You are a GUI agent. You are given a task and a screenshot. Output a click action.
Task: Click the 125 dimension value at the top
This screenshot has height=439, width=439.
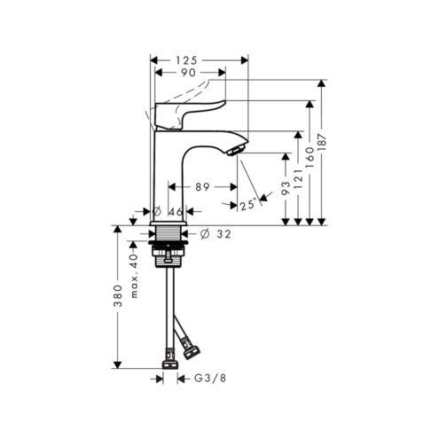(186, 60)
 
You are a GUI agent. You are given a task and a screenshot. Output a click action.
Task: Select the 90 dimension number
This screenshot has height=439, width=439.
(188, 73)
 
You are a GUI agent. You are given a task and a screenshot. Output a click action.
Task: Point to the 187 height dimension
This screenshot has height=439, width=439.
(323, 142)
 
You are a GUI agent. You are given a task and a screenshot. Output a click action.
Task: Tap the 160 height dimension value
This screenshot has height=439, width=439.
(310, 158)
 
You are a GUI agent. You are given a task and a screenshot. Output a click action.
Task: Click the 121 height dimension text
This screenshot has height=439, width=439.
(298, 179)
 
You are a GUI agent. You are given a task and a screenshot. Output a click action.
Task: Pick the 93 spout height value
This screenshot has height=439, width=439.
(286, 188)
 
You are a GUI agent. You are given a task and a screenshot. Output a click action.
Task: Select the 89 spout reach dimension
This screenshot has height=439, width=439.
(202, 187)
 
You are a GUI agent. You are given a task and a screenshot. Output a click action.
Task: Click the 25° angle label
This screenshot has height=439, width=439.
(248, 205)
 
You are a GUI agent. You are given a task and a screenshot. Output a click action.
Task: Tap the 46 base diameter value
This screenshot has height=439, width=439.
(176, 212)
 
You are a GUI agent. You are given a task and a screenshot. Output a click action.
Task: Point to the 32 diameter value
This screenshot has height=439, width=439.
(223, 234)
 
